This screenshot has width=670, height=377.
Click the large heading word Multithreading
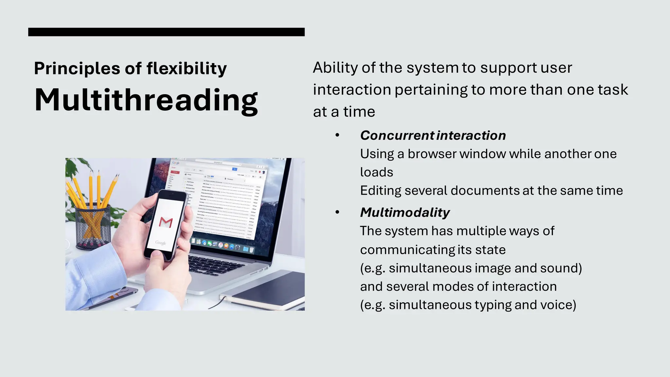tap(146, 100)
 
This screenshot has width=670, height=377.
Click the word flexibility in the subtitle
tap(186, 69)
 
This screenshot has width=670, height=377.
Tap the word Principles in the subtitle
tap(77, 69)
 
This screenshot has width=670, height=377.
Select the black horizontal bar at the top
tap(166, 32)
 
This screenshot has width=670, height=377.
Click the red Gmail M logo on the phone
tap(166, 222)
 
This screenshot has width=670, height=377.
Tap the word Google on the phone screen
tap(161, 242)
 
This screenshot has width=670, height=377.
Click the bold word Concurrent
tap(397, 135)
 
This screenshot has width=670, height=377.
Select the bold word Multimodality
tap(405, 213)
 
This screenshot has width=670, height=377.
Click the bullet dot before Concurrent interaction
tap(337, 135)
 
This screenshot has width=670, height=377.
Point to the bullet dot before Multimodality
tap(337, 212)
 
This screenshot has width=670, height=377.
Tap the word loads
tap(377, 172)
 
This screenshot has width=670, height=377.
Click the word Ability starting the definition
tap(335, 68)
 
